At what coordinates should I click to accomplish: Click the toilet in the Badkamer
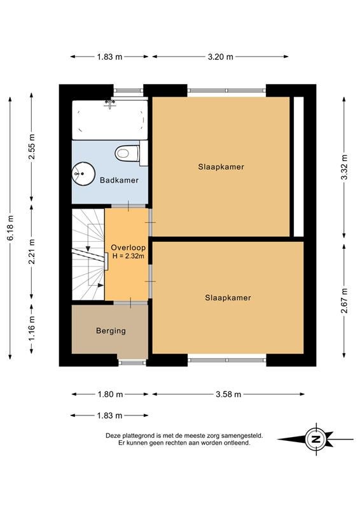point(130,153)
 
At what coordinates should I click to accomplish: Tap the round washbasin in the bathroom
point(83,174)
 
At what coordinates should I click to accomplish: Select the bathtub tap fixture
point(111,104)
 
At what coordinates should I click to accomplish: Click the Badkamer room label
point(119,180)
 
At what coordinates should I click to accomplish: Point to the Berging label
point(111,331)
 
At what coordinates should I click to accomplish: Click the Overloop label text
point(128,248)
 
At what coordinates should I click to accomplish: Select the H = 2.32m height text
point(128,256)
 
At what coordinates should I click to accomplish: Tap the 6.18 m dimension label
point(10,228)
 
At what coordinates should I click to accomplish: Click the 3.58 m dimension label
point(228,394)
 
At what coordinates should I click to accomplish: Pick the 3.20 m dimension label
point(221,57)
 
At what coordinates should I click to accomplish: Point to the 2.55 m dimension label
point(32,147)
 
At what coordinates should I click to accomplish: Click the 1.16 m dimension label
point(32,328)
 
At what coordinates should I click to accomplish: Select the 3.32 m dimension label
point(344,167)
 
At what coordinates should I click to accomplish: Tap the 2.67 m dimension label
point(344,300)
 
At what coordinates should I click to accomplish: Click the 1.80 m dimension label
point(111,394)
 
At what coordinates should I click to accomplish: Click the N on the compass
point(315,440)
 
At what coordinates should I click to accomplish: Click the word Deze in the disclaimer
point(112,436)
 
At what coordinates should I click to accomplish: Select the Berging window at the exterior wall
point(132,362)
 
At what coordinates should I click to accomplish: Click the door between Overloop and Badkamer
point(128,206)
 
